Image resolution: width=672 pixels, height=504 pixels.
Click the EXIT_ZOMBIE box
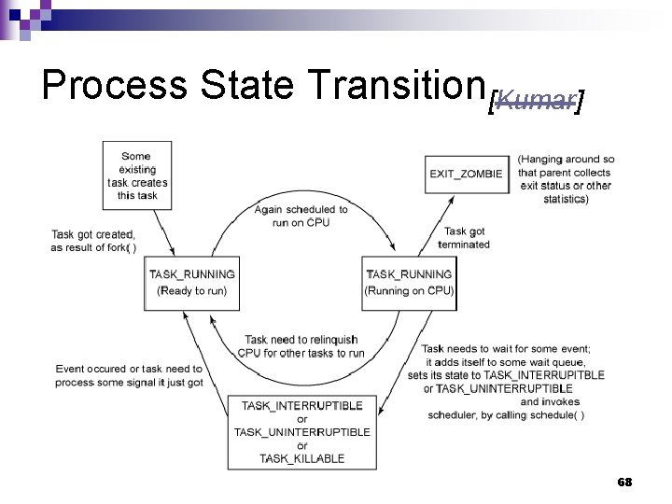pyautogui.click(x=466, y=174)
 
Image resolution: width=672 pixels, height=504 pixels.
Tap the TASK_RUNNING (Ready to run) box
pyautogui.click(x=192, y=283)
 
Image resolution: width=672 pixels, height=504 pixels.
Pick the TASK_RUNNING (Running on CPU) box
pyautogui.click(x=409, y=283)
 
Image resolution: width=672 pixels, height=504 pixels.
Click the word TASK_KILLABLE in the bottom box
pyautogui.click(x=301, y=458)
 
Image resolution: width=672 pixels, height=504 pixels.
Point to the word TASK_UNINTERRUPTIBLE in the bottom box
pyautogui.click(x=301, y=431)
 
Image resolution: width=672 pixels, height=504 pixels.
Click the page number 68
pyautogui.click(x=624, y=482)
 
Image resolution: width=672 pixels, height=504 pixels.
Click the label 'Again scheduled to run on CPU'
pyautogui.click(x=301, y=216)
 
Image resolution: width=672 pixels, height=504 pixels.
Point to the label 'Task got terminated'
pyautogui.click(x=464, y=238)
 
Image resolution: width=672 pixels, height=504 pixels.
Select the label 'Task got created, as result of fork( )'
pyautogui.click(x=93, y=241)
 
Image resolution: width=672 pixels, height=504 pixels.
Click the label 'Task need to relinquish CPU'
pyautogui.click(x=301, y=346)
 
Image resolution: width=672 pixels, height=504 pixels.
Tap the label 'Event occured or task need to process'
pyautogui.click(x=129, y=375)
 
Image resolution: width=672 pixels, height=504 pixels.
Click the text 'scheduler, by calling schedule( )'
pyautogui.click(x=506, y=414)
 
